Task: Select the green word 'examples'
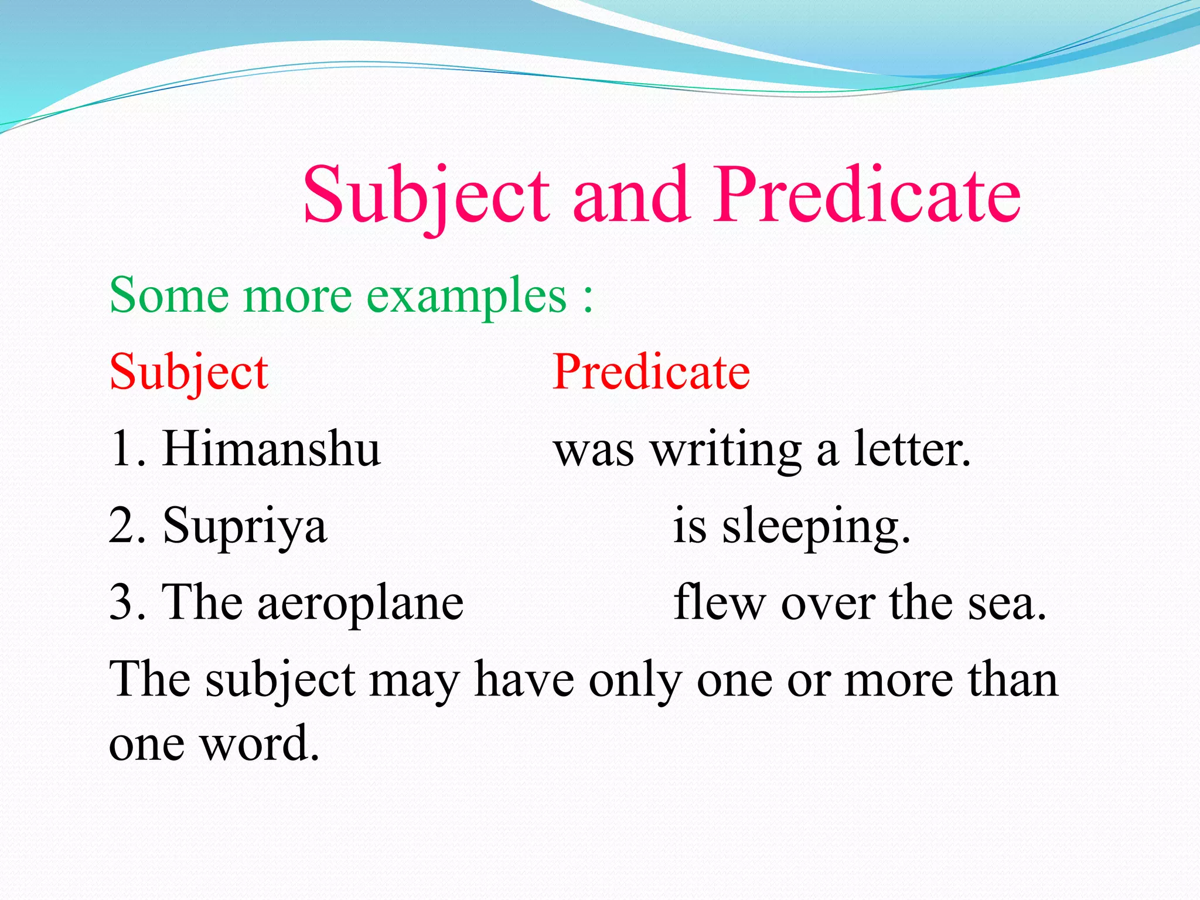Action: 466,296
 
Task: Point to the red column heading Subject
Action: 189,373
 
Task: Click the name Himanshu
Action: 271,449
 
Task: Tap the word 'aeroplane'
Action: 360,604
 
